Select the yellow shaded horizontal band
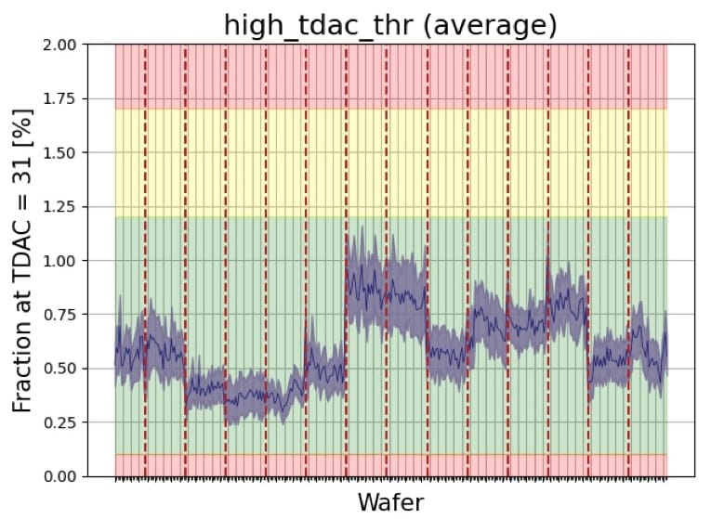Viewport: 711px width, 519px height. (x=390, y=162)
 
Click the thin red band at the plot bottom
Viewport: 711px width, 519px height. (x=390, y=465)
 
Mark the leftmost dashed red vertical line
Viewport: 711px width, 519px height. (x=145, y=260)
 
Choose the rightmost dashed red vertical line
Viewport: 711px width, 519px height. (x=629, y=260)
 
